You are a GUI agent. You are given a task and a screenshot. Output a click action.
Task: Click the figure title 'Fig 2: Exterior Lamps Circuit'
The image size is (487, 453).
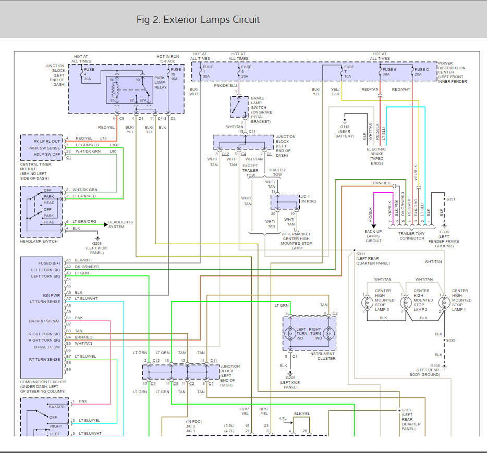[198, 20]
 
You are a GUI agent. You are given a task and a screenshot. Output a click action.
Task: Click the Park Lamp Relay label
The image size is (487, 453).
[161, 82]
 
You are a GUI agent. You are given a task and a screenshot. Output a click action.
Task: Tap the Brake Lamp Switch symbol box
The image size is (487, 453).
[239, 107]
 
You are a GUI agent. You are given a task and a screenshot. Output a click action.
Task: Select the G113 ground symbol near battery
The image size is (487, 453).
[345, 121]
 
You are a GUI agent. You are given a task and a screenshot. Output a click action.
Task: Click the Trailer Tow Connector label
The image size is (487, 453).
[411, 236]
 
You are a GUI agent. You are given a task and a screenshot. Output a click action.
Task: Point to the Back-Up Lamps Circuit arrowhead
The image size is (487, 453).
[374, 227]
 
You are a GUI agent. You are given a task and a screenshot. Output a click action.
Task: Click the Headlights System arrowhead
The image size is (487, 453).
[106, 224]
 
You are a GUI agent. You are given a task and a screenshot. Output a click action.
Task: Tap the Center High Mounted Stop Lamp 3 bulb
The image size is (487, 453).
[367, 303]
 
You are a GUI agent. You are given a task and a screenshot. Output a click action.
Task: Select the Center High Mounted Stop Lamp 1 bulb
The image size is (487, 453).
[444, 303]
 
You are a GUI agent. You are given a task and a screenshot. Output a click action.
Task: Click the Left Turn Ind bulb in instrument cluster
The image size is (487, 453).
[290, 334]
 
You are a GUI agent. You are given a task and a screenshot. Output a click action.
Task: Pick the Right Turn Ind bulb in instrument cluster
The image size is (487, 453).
[328, 334]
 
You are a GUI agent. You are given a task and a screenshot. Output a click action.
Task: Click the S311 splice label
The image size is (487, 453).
[361, 254]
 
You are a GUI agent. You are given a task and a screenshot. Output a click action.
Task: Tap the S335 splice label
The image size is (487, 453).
[451, 340]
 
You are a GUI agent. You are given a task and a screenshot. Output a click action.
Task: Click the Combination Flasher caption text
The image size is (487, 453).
[43, 387]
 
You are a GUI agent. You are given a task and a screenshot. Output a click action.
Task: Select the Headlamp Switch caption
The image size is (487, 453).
[39, 241]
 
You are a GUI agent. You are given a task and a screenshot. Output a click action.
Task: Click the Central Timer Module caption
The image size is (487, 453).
[35, 171]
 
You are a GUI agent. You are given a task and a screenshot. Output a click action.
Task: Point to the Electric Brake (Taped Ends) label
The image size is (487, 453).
[376, 156]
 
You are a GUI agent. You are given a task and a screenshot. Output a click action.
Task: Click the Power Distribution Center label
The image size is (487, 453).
[453, 72]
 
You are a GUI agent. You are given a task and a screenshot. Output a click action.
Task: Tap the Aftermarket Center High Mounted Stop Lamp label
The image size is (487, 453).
[296, 241]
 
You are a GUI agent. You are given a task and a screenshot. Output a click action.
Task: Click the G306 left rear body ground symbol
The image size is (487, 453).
[444, 367]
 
